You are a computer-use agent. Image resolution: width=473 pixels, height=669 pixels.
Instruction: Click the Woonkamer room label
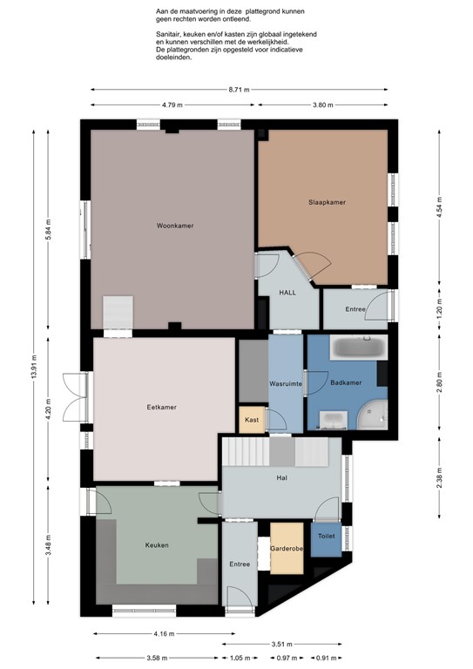(x=175, y=226)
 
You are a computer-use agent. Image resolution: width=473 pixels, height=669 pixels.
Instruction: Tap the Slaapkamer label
(x=328, y=202)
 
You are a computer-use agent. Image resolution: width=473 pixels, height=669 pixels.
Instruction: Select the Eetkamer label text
(x=162, y=407)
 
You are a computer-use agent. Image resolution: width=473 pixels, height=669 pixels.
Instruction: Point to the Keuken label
(x=157, y=544)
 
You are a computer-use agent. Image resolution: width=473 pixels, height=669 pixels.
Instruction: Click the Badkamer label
(x=346, y=382)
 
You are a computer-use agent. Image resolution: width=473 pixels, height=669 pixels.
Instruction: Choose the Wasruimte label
(x=286, y=383)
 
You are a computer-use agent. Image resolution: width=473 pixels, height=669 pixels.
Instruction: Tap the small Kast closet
(x=252, y=420)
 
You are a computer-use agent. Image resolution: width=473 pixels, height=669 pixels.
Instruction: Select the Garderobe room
(x=287, y=548)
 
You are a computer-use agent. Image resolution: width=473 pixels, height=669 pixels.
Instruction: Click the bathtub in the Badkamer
(x=358, y=347)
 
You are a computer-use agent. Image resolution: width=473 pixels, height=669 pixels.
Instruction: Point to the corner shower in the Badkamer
(x=372, y=416)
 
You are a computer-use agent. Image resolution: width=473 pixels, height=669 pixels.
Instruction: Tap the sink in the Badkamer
(x=333, y=420)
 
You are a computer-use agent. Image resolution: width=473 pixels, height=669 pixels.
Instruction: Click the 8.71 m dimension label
(x=240, y=90)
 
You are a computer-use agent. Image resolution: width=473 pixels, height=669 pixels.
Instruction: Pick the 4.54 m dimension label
(x=439, y=206)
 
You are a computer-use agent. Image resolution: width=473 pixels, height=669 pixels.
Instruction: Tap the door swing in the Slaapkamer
(x=314, y=265)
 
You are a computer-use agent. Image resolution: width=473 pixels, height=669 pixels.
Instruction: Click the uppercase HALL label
(x=287, y=293)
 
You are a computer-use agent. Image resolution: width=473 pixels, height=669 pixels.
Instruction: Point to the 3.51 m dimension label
(x=282, y=645)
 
